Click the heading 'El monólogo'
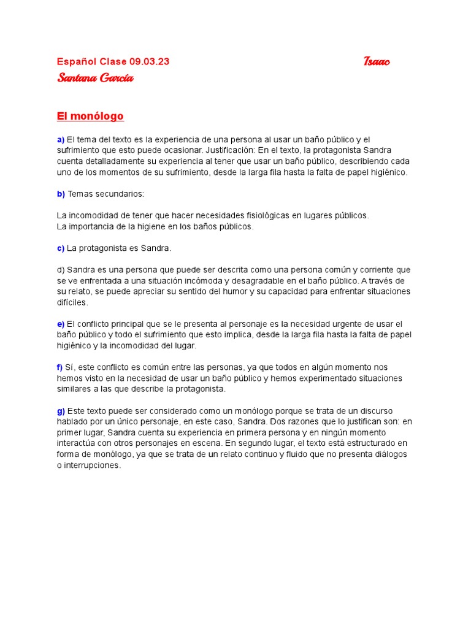coord(90,116)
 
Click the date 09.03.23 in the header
coord(150,61)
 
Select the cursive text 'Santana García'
coord(95,78)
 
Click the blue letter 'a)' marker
coord(61,140)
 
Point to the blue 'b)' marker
coord(61,194)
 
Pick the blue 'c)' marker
coord(61,248)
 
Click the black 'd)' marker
coord(61,270)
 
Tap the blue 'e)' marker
coord(61,324)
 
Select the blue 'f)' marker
coord(60,367)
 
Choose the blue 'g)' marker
coord(61,410)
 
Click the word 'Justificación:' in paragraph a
coord(230,151)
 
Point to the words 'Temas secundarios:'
coord(106,194)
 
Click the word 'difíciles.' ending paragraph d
coord(73,302)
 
